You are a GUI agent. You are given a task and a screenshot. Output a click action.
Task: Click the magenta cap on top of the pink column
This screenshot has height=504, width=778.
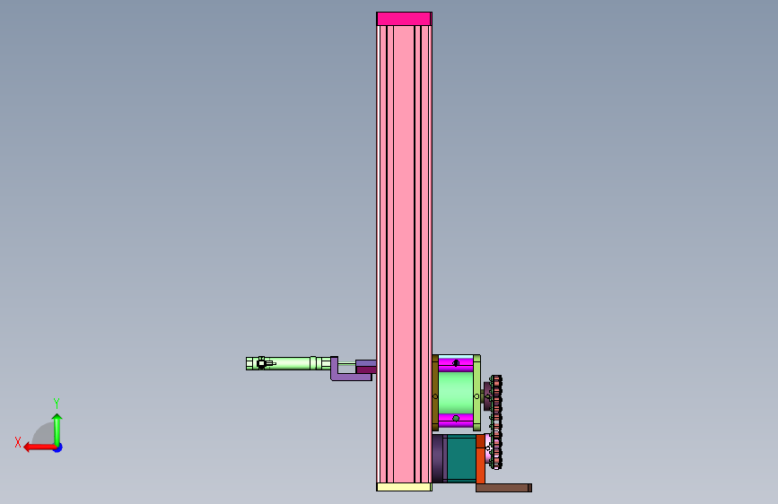(x=404, y=19)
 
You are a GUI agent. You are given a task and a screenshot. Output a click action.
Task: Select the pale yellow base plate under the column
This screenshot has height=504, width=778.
(x=404, y=487)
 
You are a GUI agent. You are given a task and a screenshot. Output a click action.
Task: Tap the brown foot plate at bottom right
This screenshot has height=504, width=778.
(x=503, y=488)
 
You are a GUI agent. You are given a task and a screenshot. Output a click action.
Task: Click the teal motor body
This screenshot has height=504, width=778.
(x=461, y=459)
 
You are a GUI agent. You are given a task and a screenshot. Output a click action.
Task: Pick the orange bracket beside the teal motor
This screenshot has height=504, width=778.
(x=480, y=459)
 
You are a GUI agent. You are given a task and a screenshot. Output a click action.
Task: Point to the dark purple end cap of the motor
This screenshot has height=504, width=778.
(x=438, y=459)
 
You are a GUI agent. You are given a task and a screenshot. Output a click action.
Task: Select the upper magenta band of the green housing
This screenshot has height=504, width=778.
(x=456, y=363)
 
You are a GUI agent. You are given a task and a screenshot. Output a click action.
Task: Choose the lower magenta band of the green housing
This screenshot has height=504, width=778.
(x=456, y=420)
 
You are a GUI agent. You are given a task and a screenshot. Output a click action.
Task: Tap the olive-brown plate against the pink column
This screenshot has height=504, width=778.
(x=435, y=393)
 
